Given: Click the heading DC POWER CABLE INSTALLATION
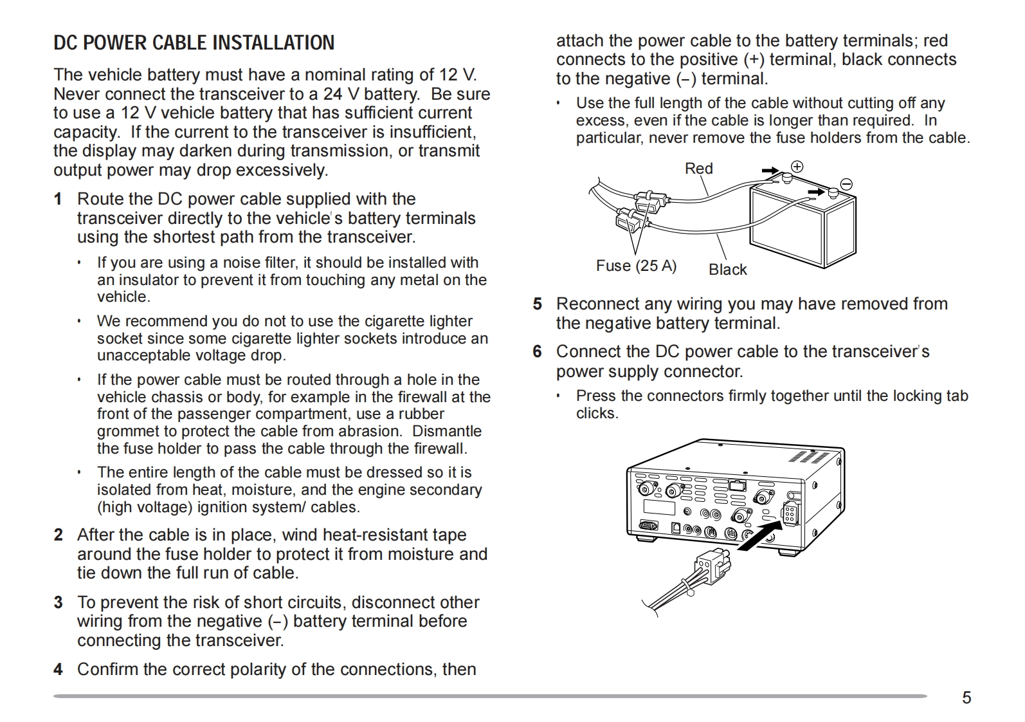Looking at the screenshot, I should point(194,42).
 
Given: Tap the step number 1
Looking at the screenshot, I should point(58,199).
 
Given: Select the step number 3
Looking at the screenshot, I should point(59,603).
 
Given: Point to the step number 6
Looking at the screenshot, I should point(537,352).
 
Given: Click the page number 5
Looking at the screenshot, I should point(966,698).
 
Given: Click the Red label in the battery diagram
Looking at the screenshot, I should point(698,169).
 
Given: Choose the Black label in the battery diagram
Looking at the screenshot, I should point(727,270).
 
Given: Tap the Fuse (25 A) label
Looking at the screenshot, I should point(636,266).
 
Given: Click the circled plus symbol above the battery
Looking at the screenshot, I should point(797,167).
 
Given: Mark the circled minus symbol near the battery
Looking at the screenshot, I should point(846,185).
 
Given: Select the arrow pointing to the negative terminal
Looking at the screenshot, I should point(817,192).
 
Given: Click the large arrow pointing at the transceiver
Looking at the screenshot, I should point(759,536).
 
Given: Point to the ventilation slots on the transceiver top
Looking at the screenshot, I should point(808,456).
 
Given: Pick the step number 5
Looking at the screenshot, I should point(537,304).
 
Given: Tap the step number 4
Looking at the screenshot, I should point(58,670).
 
